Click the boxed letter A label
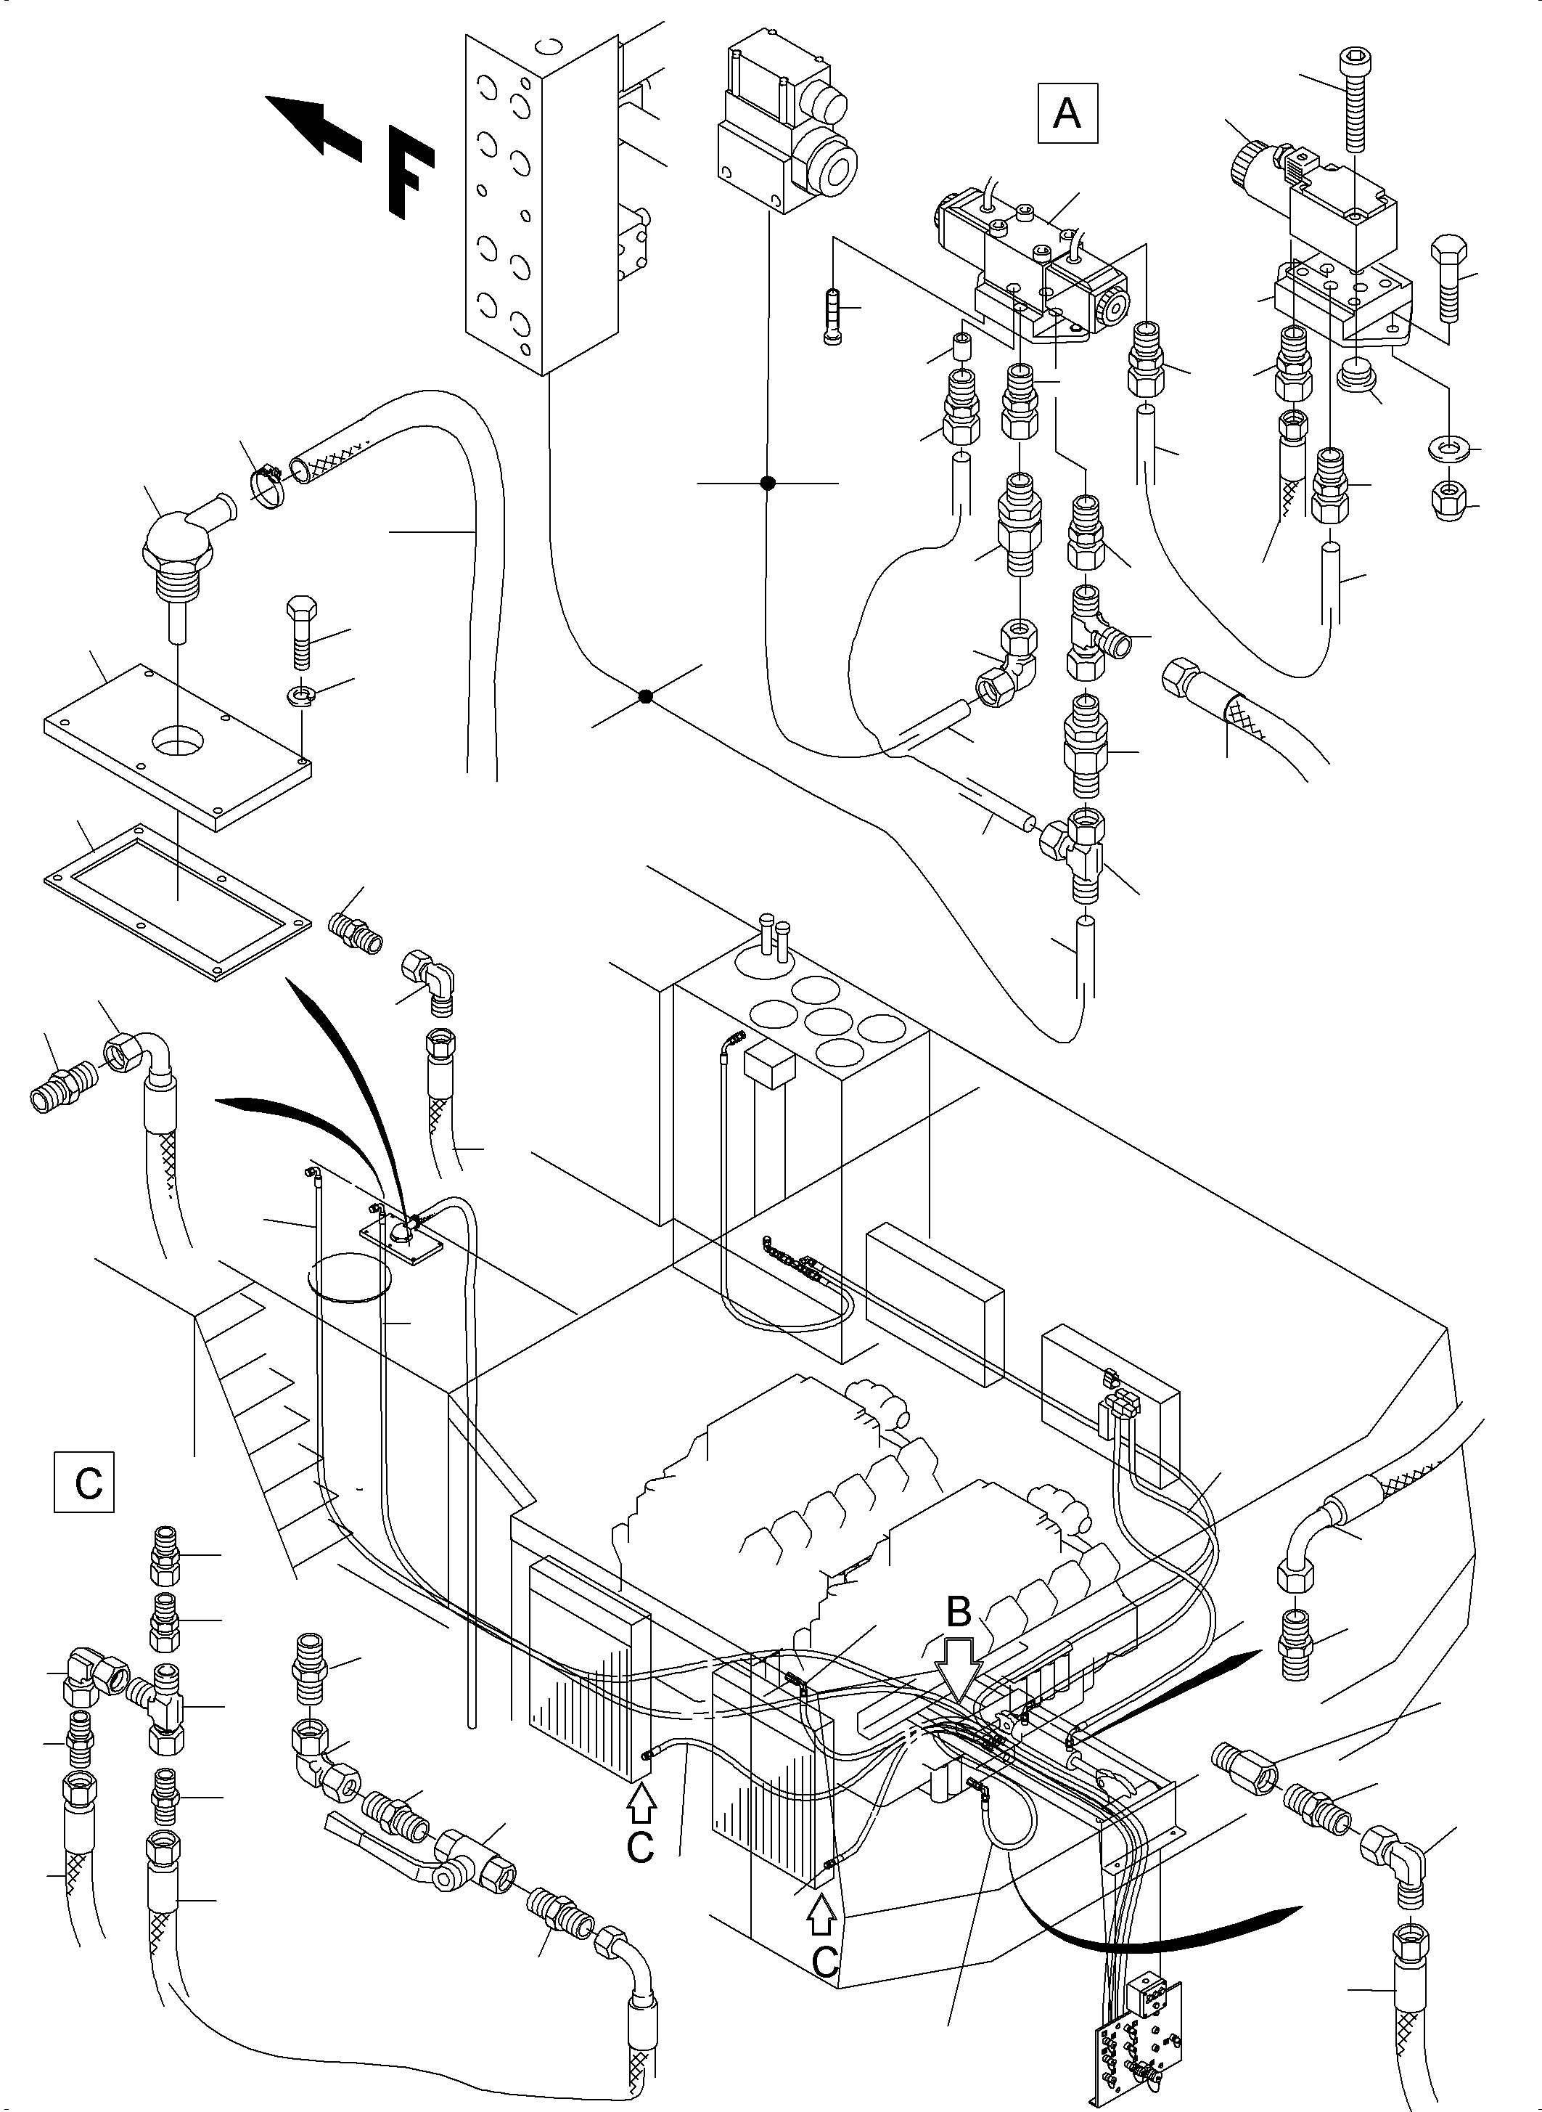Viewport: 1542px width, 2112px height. tap(1067, 114)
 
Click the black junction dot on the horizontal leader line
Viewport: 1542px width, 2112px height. tap(767, 483)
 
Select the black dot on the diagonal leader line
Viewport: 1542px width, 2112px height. tap(645, 696)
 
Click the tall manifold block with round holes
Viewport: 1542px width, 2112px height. tap(541, 200)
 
